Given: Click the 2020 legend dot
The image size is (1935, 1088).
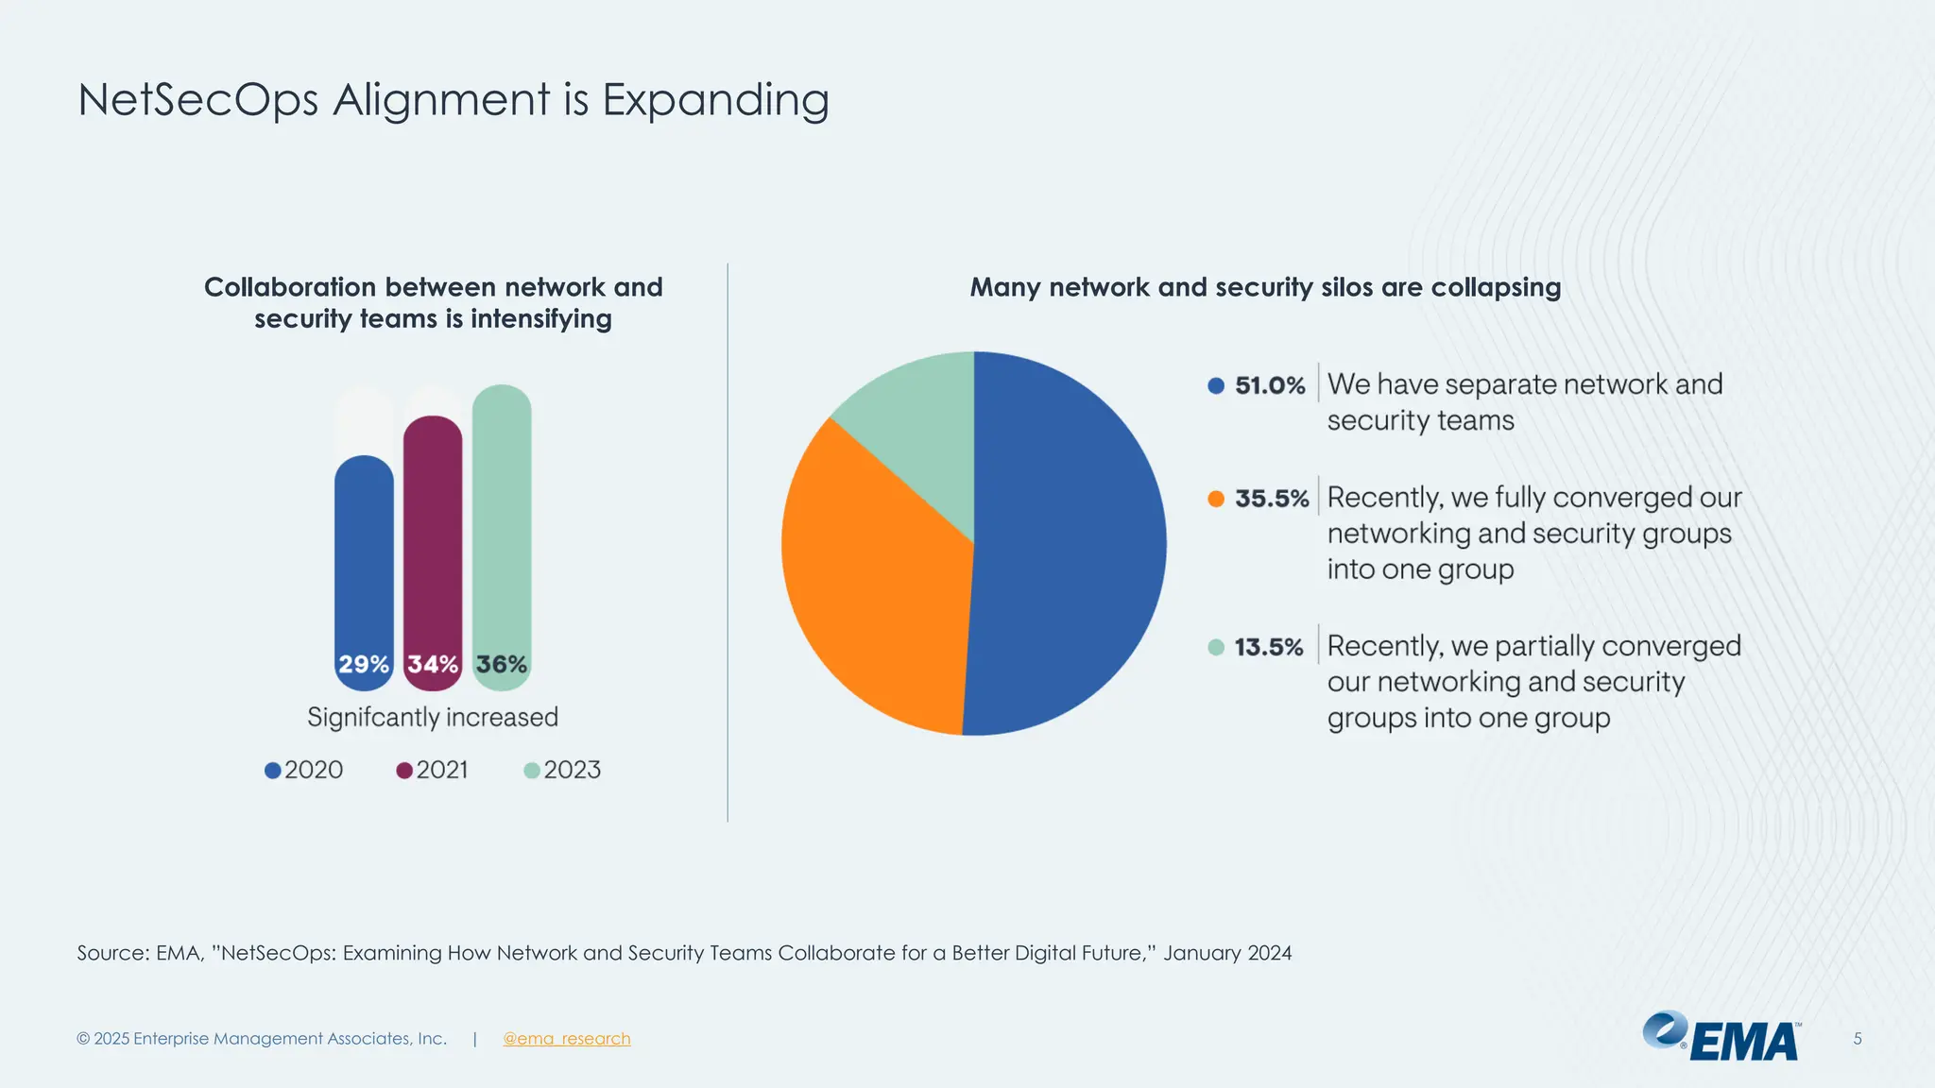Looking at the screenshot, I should tap(273, 771).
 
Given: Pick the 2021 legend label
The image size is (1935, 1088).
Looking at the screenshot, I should tap(442, 770).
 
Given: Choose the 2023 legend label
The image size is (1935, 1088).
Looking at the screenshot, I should tap(572, 770).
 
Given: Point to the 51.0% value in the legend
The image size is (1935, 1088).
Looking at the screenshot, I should tap(1270, 385).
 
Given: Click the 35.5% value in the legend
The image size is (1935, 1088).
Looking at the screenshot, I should tap(1272, 499).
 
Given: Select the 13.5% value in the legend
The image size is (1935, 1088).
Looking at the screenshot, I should tap(1269, 648).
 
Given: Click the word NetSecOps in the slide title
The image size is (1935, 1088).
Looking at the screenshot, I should tap(198, 100).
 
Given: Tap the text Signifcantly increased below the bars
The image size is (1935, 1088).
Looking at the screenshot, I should tap(433, 718).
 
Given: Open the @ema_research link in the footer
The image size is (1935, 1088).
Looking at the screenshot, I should tap(566, 1039).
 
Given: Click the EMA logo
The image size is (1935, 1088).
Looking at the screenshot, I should tap(1721, 1037).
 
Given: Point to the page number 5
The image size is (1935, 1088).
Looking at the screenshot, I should tap(1857, 1039).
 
